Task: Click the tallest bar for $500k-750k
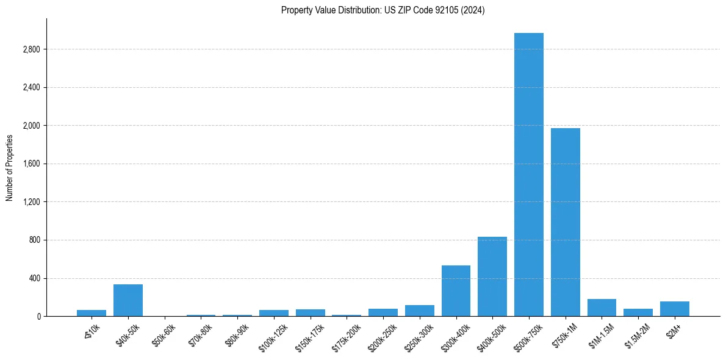pos(528,175)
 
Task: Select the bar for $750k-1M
pos(565,222)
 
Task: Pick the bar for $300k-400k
pos(456,290)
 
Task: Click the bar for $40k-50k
pos(128,300)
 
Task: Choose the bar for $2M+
pos(674,309)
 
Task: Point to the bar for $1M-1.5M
pos(602,308)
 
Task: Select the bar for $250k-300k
pos(419,311)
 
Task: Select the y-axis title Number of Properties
pos(9,168)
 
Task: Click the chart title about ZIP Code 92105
pos(383,10)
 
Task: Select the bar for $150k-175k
pos(310,312)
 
